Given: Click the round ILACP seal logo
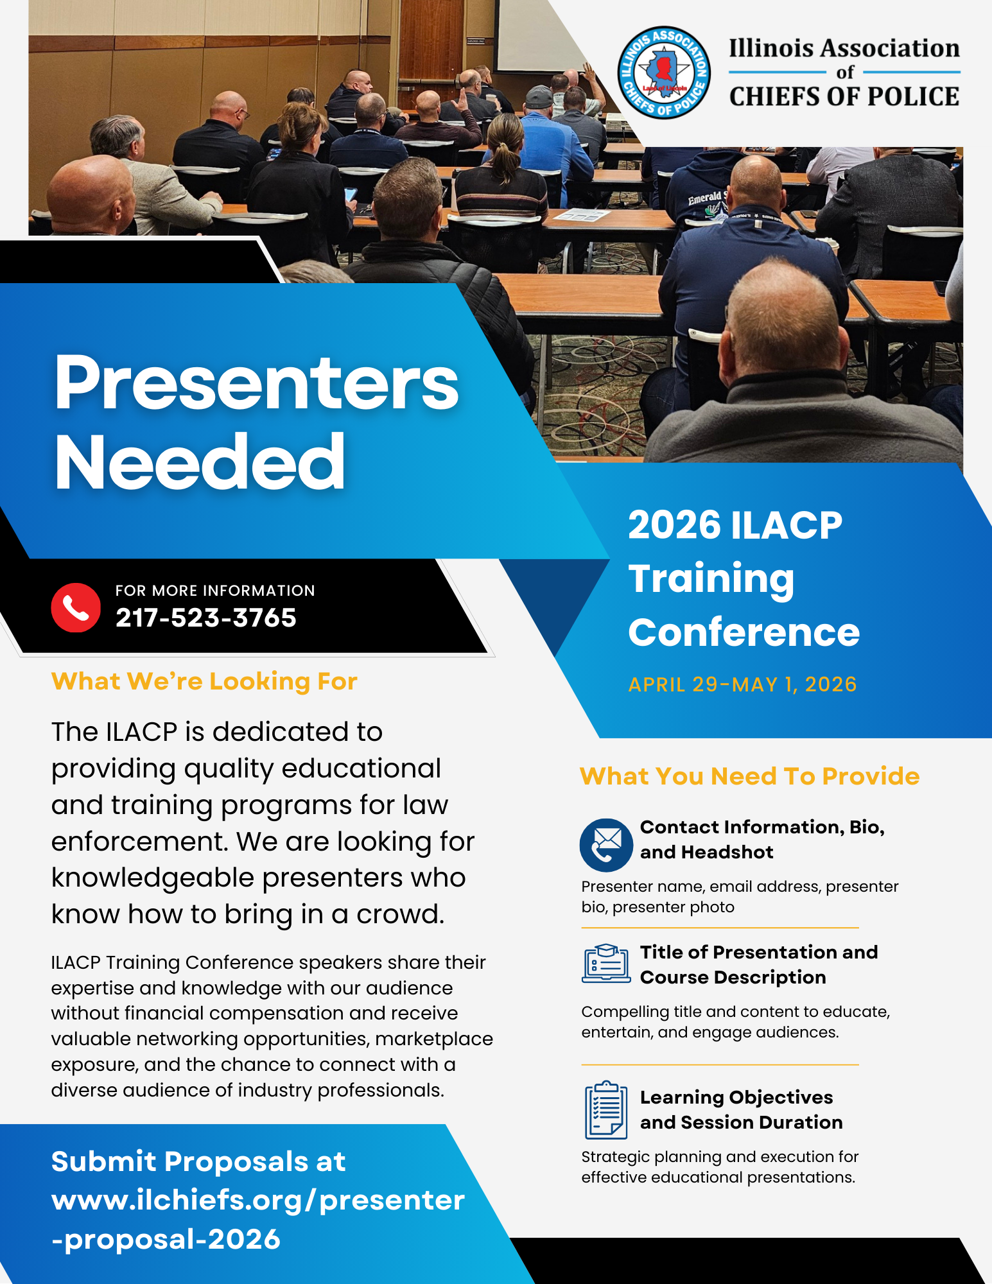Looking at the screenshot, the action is point(663,73).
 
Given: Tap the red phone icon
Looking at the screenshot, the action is point(76,607).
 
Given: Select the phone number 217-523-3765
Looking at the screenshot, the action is point(206,618).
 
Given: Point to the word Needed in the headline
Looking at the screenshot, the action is point(200,462).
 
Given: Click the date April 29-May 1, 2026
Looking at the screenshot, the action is point(742,684).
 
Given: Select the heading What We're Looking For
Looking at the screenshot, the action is point(204,681).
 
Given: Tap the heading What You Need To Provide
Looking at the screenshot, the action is point(749,776).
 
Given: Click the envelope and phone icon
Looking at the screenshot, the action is point(607,845).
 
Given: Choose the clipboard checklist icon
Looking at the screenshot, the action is point(606,1110).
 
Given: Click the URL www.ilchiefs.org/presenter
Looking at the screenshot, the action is point(258,1201).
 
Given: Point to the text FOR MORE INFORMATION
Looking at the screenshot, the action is point(215,591).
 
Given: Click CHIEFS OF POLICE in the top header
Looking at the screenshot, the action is point(844,96).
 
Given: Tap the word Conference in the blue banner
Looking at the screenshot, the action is point(744,632).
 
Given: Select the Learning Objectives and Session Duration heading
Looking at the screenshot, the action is point(741,1110).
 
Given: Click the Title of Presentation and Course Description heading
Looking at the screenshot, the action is point(758,965).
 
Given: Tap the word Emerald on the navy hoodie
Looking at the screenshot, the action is point(704,198).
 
